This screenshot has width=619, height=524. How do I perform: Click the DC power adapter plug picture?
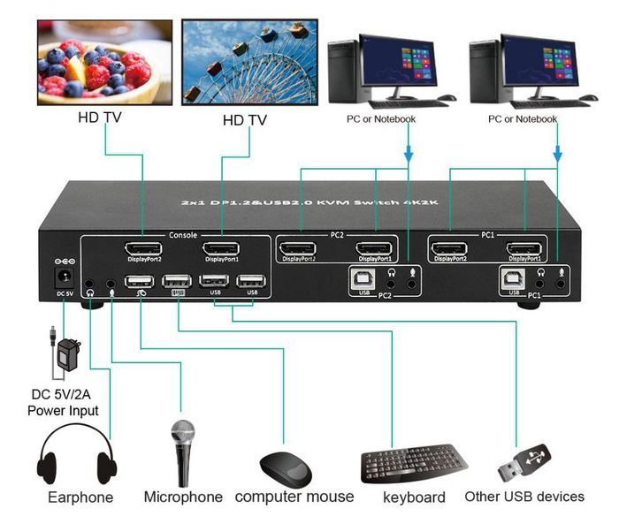click(x=65, y=353)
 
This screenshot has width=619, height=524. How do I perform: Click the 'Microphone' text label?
click(x=183, y=497)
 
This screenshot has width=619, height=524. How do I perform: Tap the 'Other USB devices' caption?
click(x=524, y=497)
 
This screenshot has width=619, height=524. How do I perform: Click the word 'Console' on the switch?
click(x=182, y=235)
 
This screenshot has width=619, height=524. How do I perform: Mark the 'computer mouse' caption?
click(x=294, y=497)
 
